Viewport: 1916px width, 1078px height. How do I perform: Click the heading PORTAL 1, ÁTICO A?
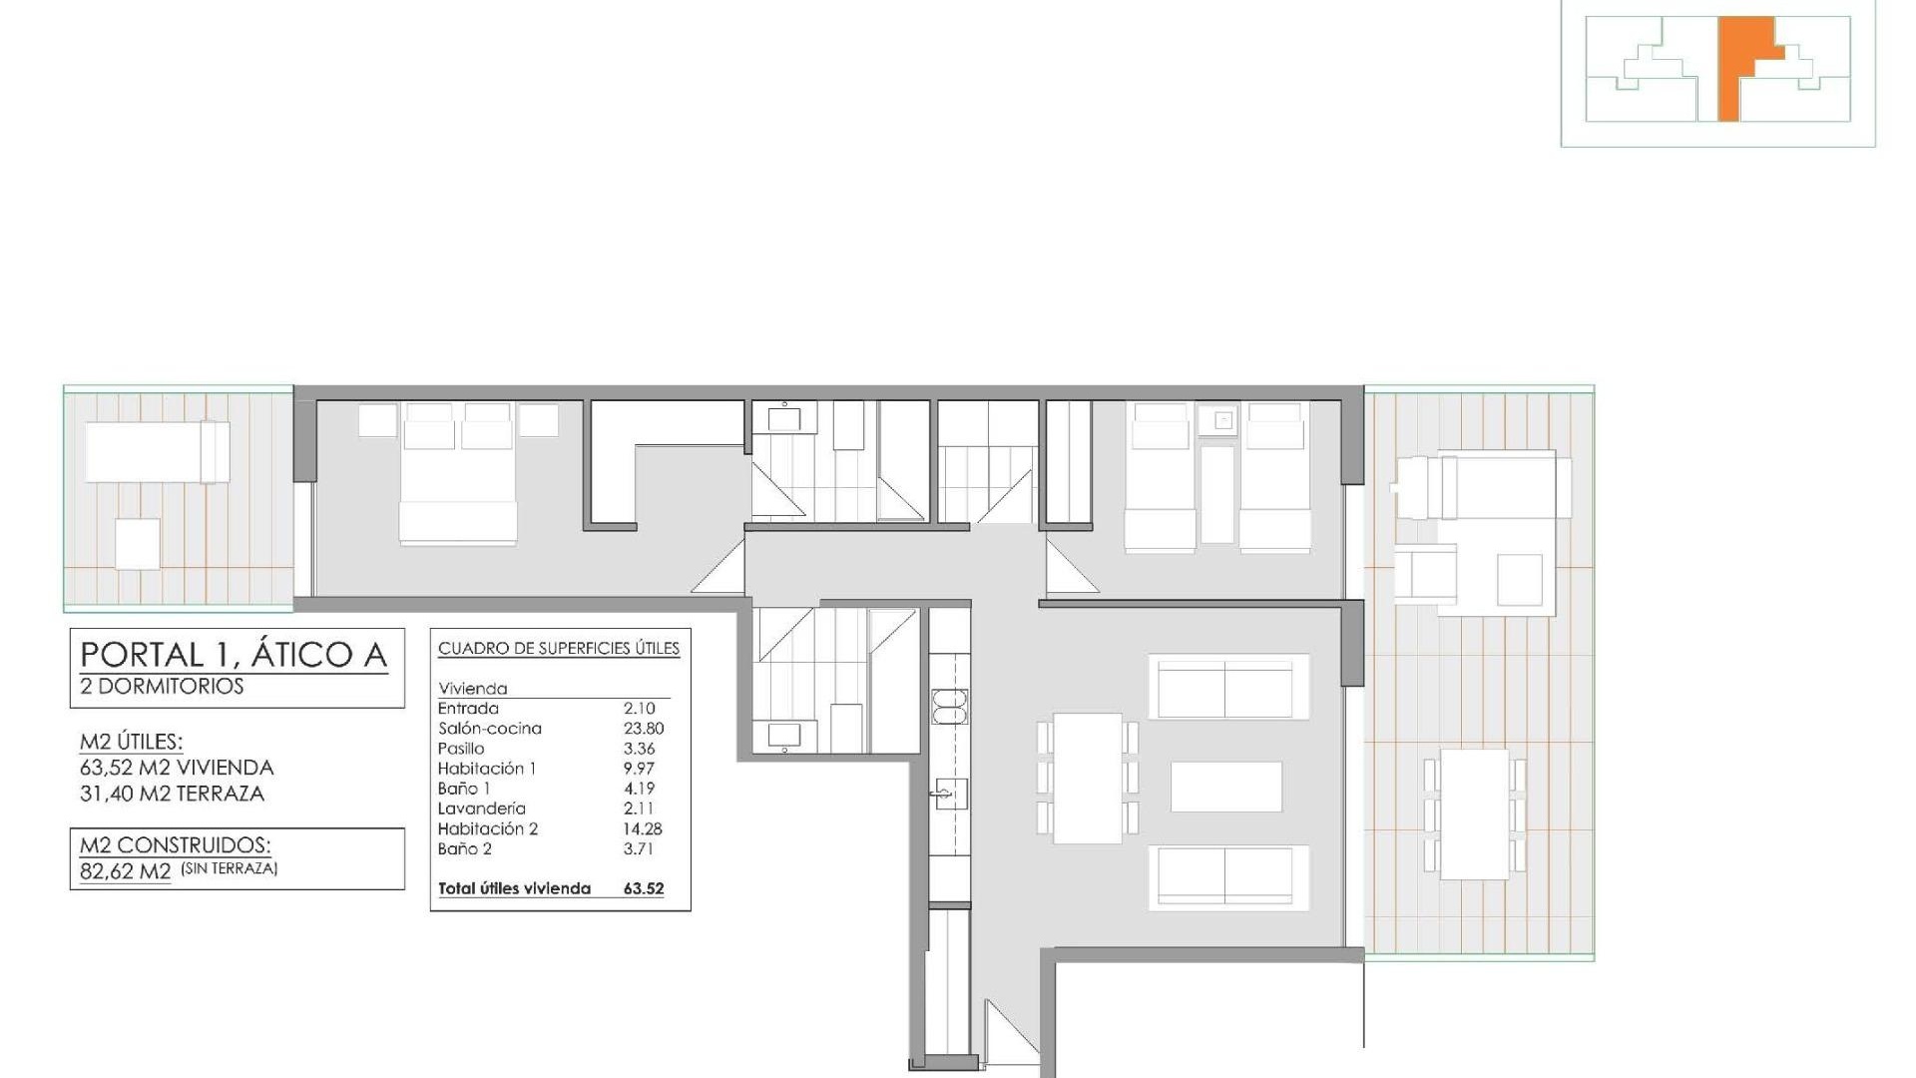234,655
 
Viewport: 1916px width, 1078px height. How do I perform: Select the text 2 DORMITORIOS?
162,687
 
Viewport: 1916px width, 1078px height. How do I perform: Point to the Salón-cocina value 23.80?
644,729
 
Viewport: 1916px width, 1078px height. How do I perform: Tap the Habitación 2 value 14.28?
643,828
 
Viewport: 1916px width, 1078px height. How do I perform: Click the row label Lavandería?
481,808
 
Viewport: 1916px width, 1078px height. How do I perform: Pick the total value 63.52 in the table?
644,888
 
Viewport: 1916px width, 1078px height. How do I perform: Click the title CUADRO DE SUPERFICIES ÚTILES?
559,649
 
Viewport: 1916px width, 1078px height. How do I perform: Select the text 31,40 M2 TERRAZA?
172,794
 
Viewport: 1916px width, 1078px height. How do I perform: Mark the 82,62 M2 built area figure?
126,870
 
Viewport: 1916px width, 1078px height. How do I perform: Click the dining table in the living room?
1088,778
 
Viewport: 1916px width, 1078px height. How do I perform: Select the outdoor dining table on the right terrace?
1475,814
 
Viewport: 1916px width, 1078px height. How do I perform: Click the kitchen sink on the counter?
950,795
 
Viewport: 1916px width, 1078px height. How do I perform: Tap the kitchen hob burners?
950,706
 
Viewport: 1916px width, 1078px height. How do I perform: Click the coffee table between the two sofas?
1226,787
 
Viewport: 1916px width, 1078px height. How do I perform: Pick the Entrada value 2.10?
639,709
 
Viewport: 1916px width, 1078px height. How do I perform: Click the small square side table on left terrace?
137,544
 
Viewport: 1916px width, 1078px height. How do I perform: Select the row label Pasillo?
461,749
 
